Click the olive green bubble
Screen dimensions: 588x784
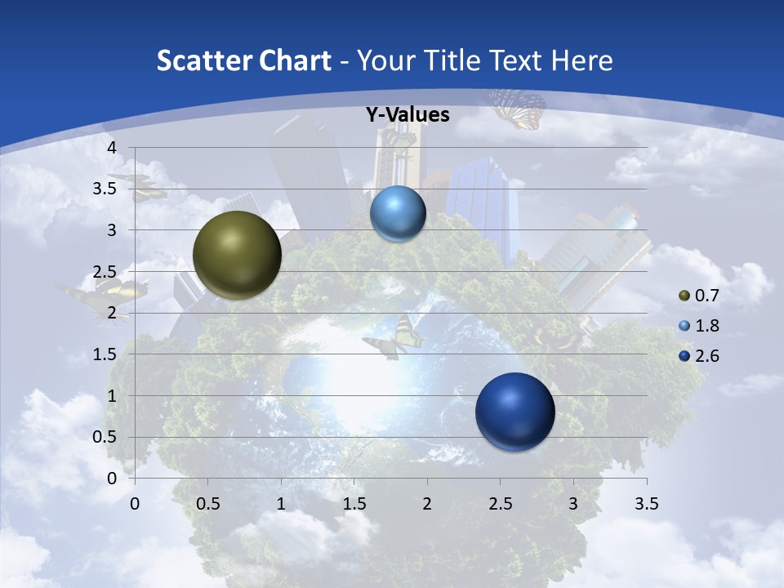tap(237, 255)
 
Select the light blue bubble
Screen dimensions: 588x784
tap(398, 214)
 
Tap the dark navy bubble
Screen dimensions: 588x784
tap(514, 412)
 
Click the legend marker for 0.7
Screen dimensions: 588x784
tap(684, 296)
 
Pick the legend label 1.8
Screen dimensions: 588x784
tap(707, 326)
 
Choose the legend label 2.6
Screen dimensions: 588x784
tap(707, 356)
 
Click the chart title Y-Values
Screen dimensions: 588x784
tap(408, 115)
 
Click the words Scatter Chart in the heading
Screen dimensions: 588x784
tap(243, 60)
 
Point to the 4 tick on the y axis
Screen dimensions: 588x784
tap(111, 148)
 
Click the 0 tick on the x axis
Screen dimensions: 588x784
tap(135, 504)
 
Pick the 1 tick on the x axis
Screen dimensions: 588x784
tap(281, 504)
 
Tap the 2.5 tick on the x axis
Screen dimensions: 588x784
tap(500, 504)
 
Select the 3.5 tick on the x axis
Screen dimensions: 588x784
tap(646, 504)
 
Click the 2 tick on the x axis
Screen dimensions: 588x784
tap(427, 504)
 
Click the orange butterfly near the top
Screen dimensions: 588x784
tap(518, 109)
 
